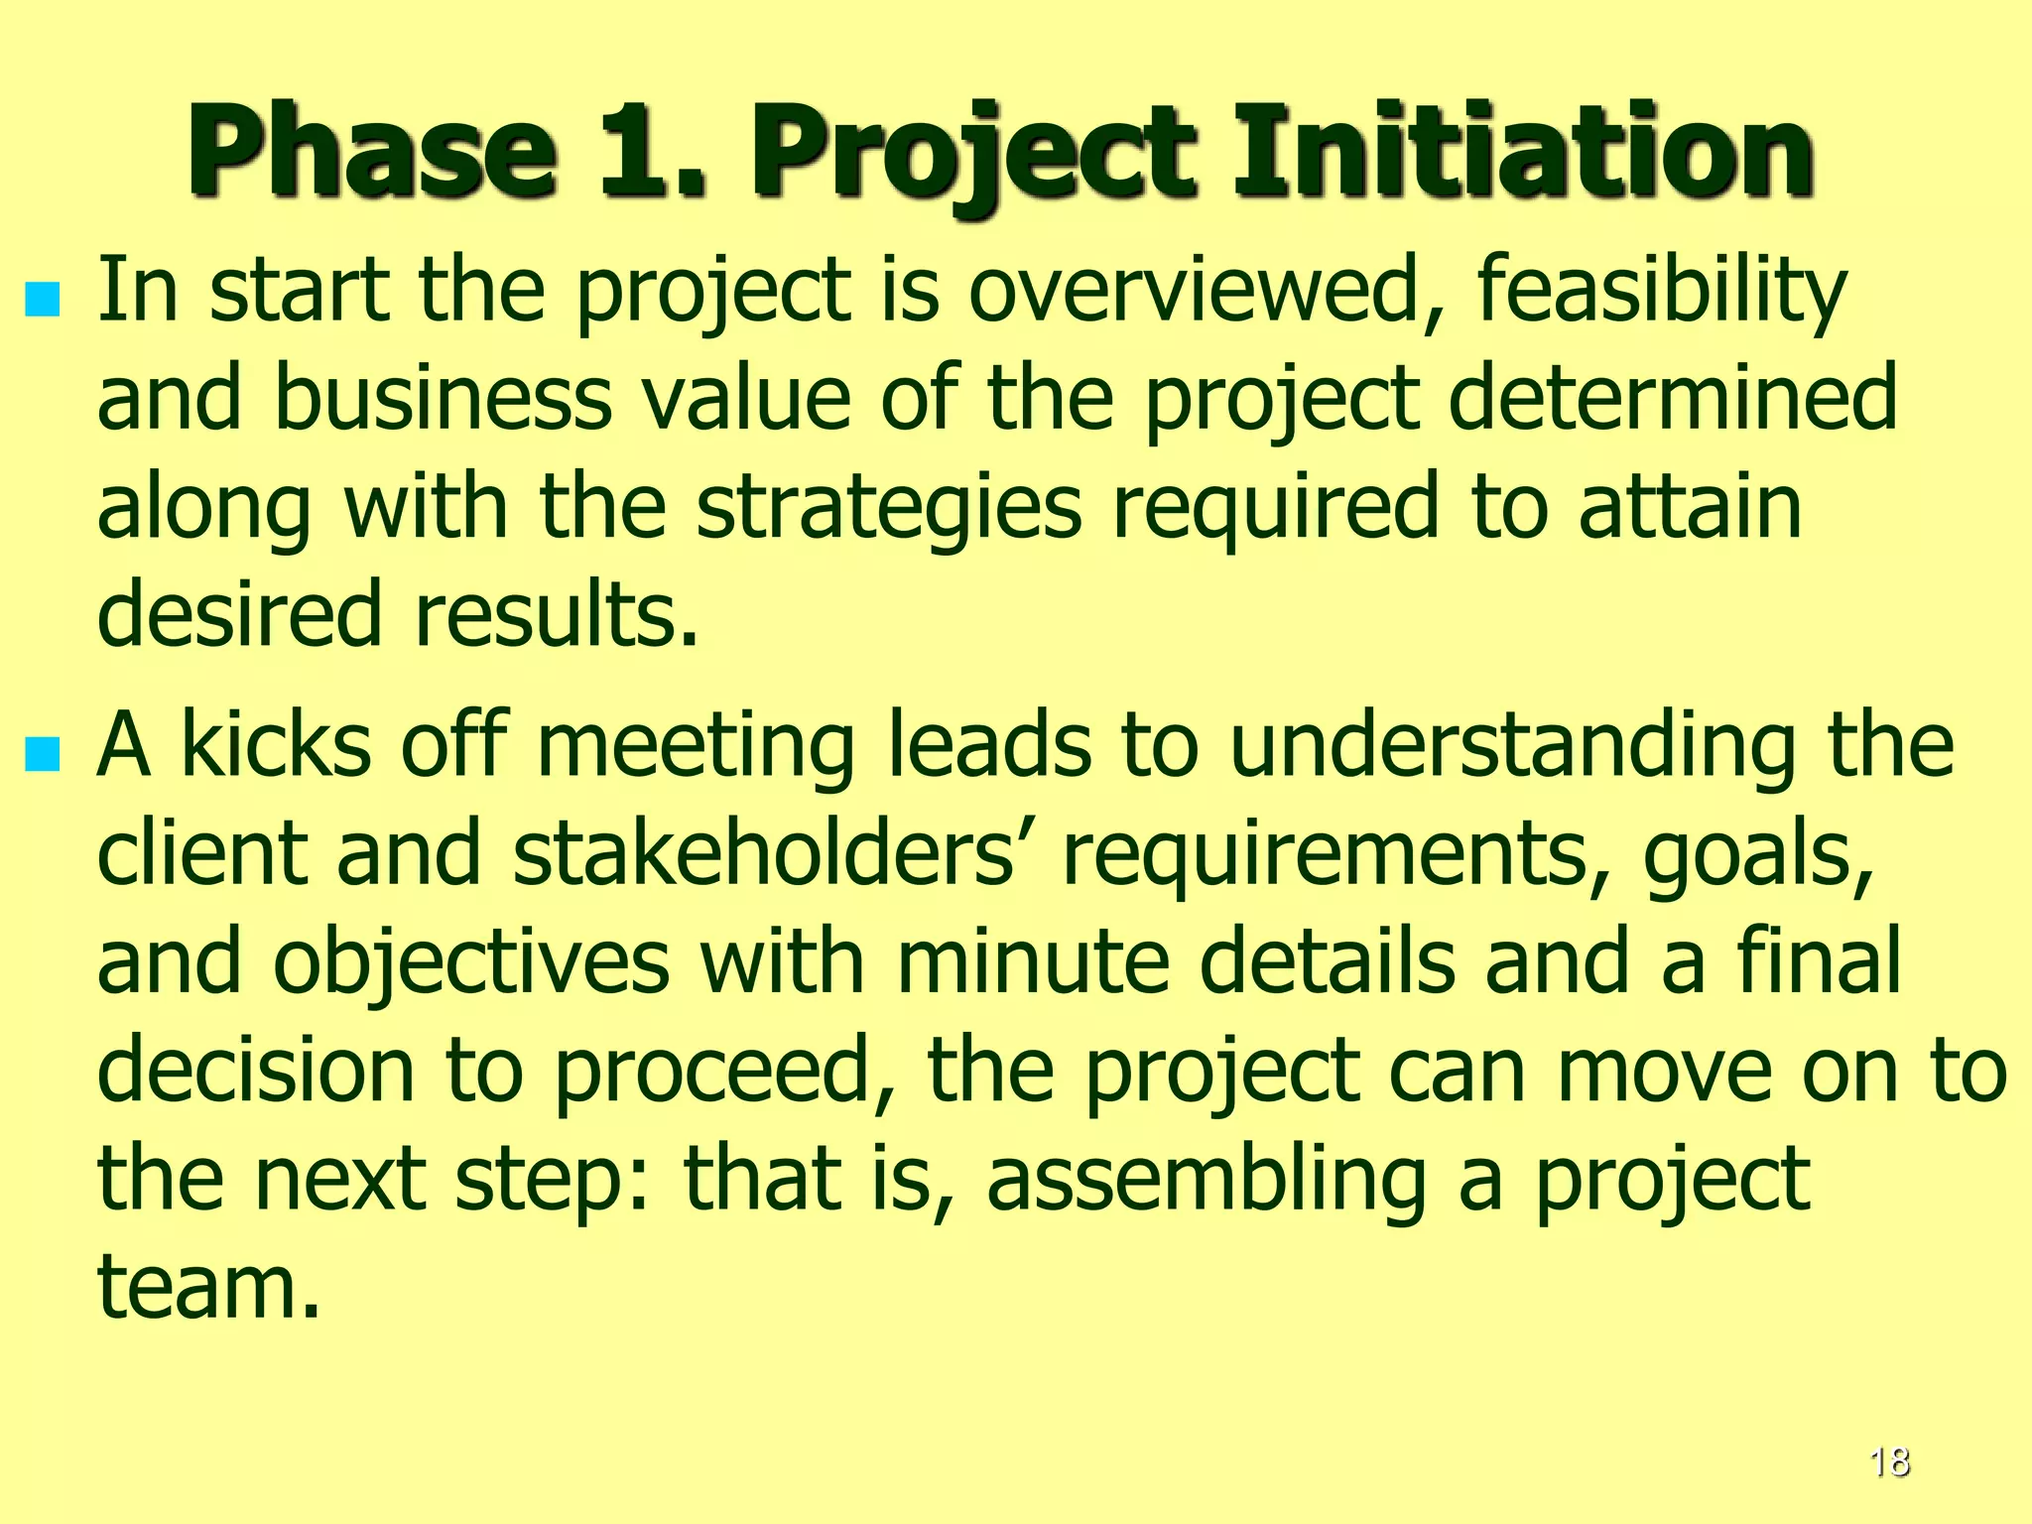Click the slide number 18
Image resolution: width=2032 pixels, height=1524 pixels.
(x=1889, y=1462)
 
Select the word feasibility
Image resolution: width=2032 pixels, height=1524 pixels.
(x=1661, y=290)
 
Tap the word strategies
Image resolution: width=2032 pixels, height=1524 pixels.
(x=888, y=506)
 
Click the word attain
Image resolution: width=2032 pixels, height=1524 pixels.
(x=1689, y=506)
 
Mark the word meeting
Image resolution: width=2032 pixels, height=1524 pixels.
(x=695, y=746)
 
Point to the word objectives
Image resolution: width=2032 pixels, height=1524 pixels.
(x=471, y=962)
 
